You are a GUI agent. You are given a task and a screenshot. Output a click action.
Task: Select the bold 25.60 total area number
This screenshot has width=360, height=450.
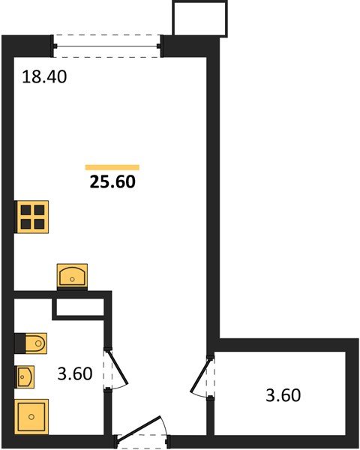click(x=112, y=181)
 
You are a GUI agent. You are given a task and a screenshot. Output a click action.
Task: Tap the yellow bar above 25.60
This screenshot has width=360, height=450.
click(x=112, y=167)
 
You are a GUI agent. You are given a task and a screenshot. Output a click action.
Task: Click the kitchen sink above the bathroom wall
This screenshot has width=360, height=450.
click(x=73, y=275)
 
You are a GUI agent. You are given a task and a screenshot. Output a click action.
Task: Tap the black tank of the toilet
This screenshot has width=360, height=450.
click(x=19, y=343)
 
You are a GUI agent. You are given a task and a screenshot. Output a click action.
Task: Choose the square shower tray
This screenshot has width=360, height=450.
click(x=32, y=416)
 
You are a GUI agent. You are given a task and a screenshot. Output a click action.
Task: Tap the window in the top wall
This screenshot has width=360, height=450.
click(x=108, y=45)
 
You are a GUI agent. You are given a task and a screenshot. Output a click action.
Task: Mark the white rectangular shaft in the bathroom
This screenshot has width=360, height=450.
click(x=77, y=308)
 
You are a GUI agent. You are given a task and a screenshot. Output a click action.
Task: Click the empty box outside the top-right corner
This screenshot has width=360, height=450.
click(x=199, y=18)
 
